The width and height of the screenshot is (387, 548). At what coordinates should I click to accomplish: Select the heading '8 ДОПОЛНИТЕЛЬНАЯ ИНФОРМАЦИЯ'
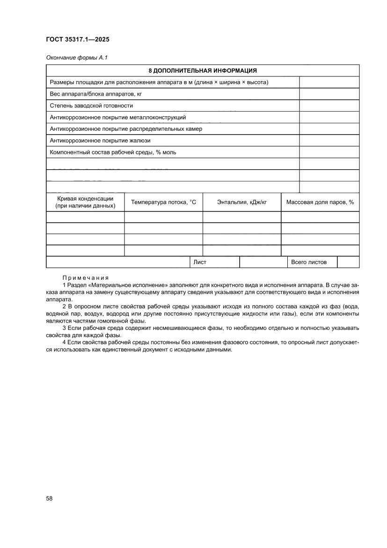pyautogui.click(x=203, y=71)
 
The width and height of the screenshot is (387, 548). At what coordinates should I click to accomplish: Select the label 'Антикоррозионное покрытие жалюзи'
pyautogui.click(x=100, y=140)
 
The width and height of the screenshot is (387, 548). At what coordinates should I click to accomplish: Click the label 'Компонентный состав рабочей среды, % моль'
pyautogui.click(x=113, y=152)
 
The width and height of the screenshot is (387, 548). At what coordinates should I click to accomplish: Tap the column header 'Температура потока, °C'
pyautogui.click(x=163, y=202)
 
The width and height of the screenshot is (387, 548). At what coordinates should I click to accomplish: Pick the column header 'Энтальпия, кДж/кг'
pyautogui.click(x=242, y=202)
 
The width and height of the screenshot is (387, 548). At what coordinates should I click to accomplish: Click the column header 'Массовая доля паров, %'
pyautogui.click(x=320, y=202)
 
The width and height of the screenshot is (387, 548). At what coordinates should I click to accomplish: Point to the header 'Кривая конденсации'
pyautogui.click(x=85, y=199)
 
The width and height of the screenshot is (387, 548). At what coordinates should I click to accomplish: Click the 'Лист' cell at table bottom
pyautogui.click(x=200, y=263)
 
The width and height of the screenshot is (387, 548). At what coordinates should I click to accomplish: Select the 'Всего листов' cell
pyautogui.click(x=309, y=263)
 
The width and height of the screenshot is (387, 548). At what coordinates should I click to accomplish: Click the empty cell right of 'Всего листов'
pyautogui.click(x=348, y=263)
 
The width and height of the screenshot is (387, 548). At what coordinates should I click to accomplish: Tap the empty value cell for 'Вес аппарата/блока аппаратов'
pyautogui.click(x=329, y=94)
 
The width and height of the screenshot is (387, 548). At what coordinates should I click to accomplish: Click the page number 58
pyautogui.click(x=49, y=498)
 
